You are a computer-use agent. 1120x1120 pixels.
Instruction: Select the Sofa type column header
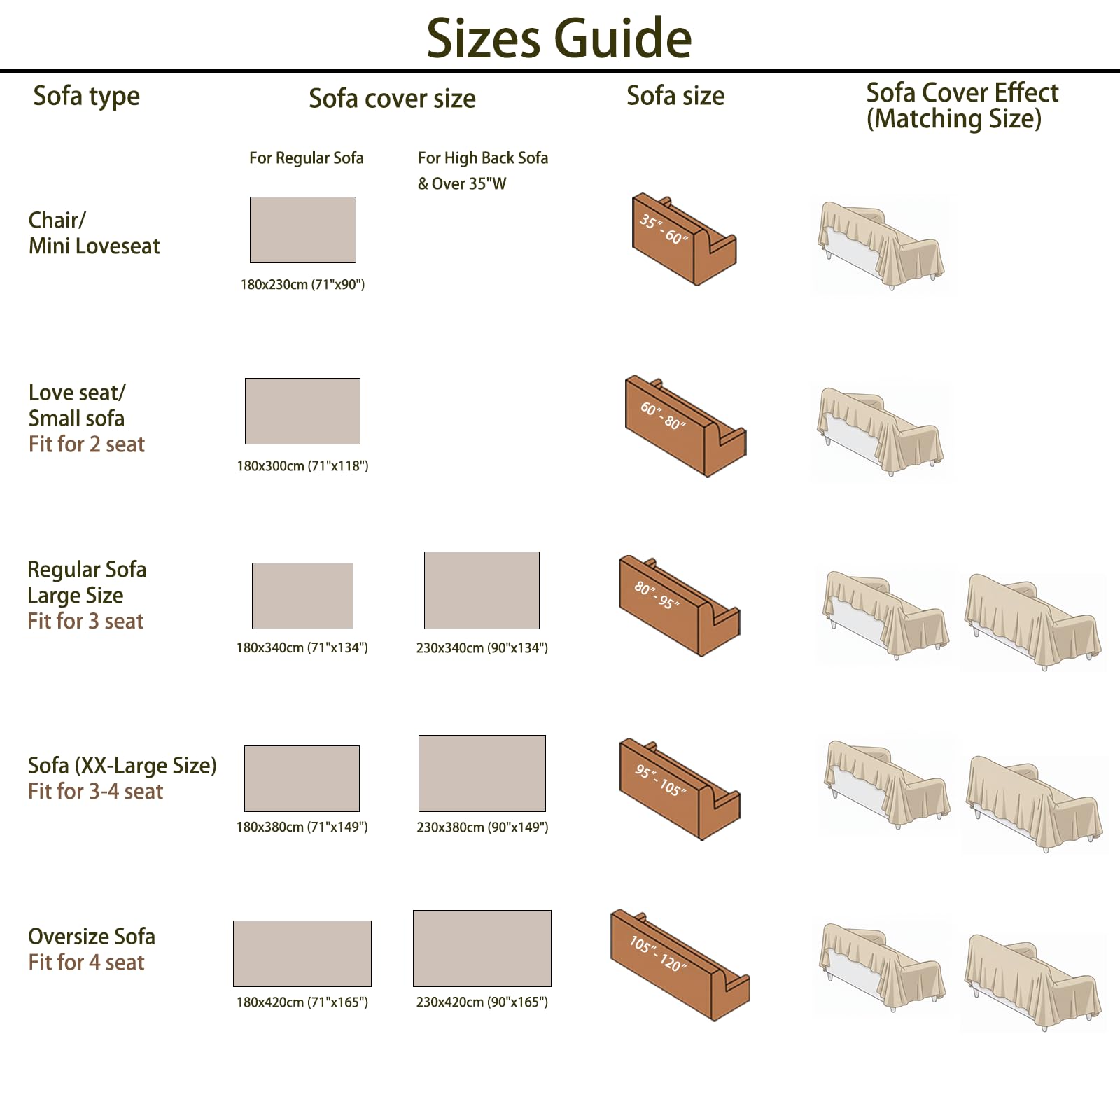click(x=87, y=97)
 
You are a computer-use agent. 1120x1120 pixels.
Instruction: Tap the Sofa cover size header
click(x=392, y=98)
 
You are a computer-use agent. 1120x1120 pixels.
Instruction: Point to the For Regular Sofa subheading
click(x=307, y=158)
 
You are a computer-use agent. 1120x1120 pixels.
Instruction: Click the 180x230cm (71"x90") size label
click(x=302, y=285)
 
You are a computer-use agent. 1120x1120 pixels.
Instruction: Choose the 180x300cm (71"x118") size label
click(x=302, y=466)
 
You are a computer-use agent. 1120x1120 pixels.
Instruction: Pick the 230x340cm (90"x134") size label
click(x=482, y=648)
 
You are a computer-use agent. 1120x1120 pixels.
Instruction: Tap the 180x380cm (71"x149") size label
click(x=302, y=827)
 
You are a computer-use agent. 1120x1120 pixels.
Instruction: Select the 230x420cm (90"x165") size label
click(x=482, y=1002)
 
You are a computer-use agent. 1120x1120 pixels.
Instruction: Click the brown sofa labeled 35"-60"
click(x=683, y=239)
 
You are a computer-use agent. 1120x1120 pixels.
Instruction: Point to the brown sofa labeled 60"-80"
click(x=685, y=426)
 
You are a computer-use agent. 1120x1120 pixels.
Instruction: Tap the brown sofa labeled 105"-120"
click(x=679, y=965)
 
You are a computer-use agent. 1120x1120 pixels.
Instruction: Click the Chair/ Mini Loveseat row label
click(x=94, y=233)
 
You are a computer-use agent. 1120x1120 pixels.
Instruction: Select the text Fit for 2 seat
click(x=87, y=444)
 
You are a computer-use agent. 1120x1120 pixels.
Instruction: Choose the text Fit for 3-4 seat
click(x=96, y=792)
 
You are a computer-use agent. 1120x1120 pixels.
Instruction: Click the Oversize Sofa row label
click(x=92, y=937)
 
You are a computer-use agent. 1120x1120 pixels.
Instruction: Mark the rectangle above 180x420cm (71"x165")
click(x=302, y=953)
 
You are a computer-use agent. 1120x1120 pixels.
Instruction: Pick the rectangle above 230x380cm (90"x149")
click(x=482, y=773)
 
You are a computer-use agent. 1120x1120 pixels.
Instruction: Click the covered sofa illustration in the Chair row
click(x=881, y=244)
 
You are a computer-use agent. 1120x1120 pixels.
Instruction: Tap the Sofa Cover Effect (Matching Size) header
click(x=962, y=106)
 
